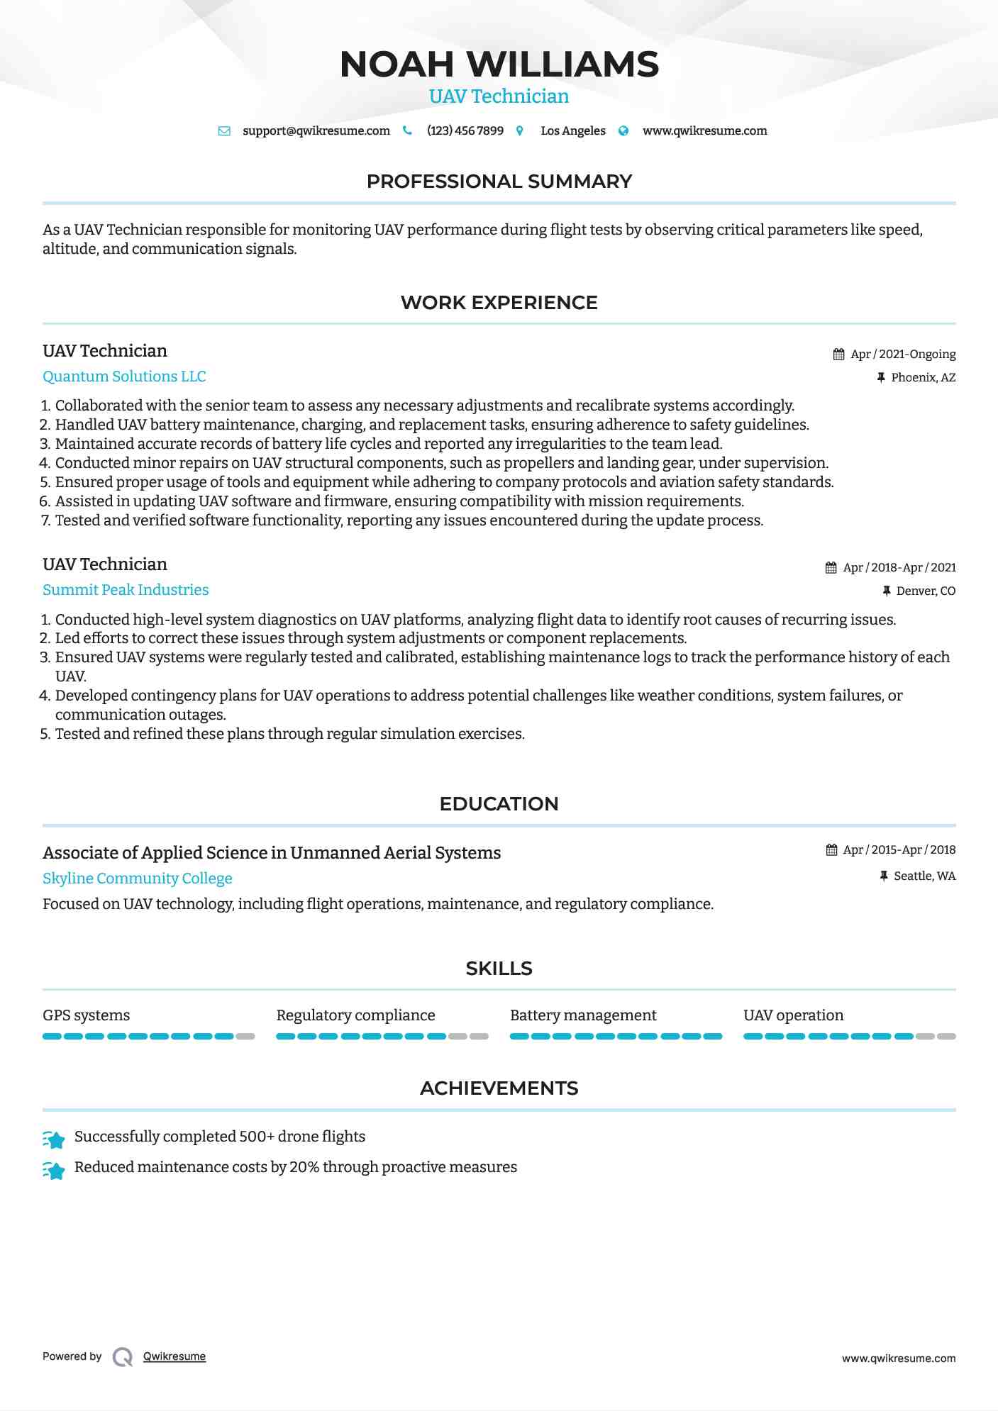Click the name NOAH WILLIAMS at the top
(499, 65)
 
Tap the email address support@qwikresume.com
(316, 130)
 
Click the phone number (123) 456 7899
(465, 130)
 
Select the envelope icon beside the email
(224, 130)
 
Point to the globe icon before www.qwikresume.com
(623, 130)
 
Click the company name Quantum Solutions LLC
(124, 377)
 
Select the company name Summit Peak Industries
(126, 590)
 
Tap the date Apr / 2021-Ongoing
(903, 354)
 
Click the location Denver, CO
(926, 591)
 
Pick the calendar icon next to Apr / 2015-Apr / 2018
(831, 849)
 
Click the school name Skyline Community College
(137, 879)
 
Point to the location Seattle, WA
(924, 876)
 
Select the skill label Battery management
(583, 1015)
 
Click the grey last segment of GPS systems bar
(245, 1037)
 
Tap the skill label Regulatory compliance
(355, 1015)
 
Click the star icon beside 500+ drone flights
(54, 1139)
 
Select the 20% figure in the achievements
(304, 1167)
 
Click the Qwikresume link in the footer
(174, 1356)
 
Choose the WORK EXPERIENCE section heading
(499, 303)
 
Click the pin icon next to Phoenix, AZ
(881, 377)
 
